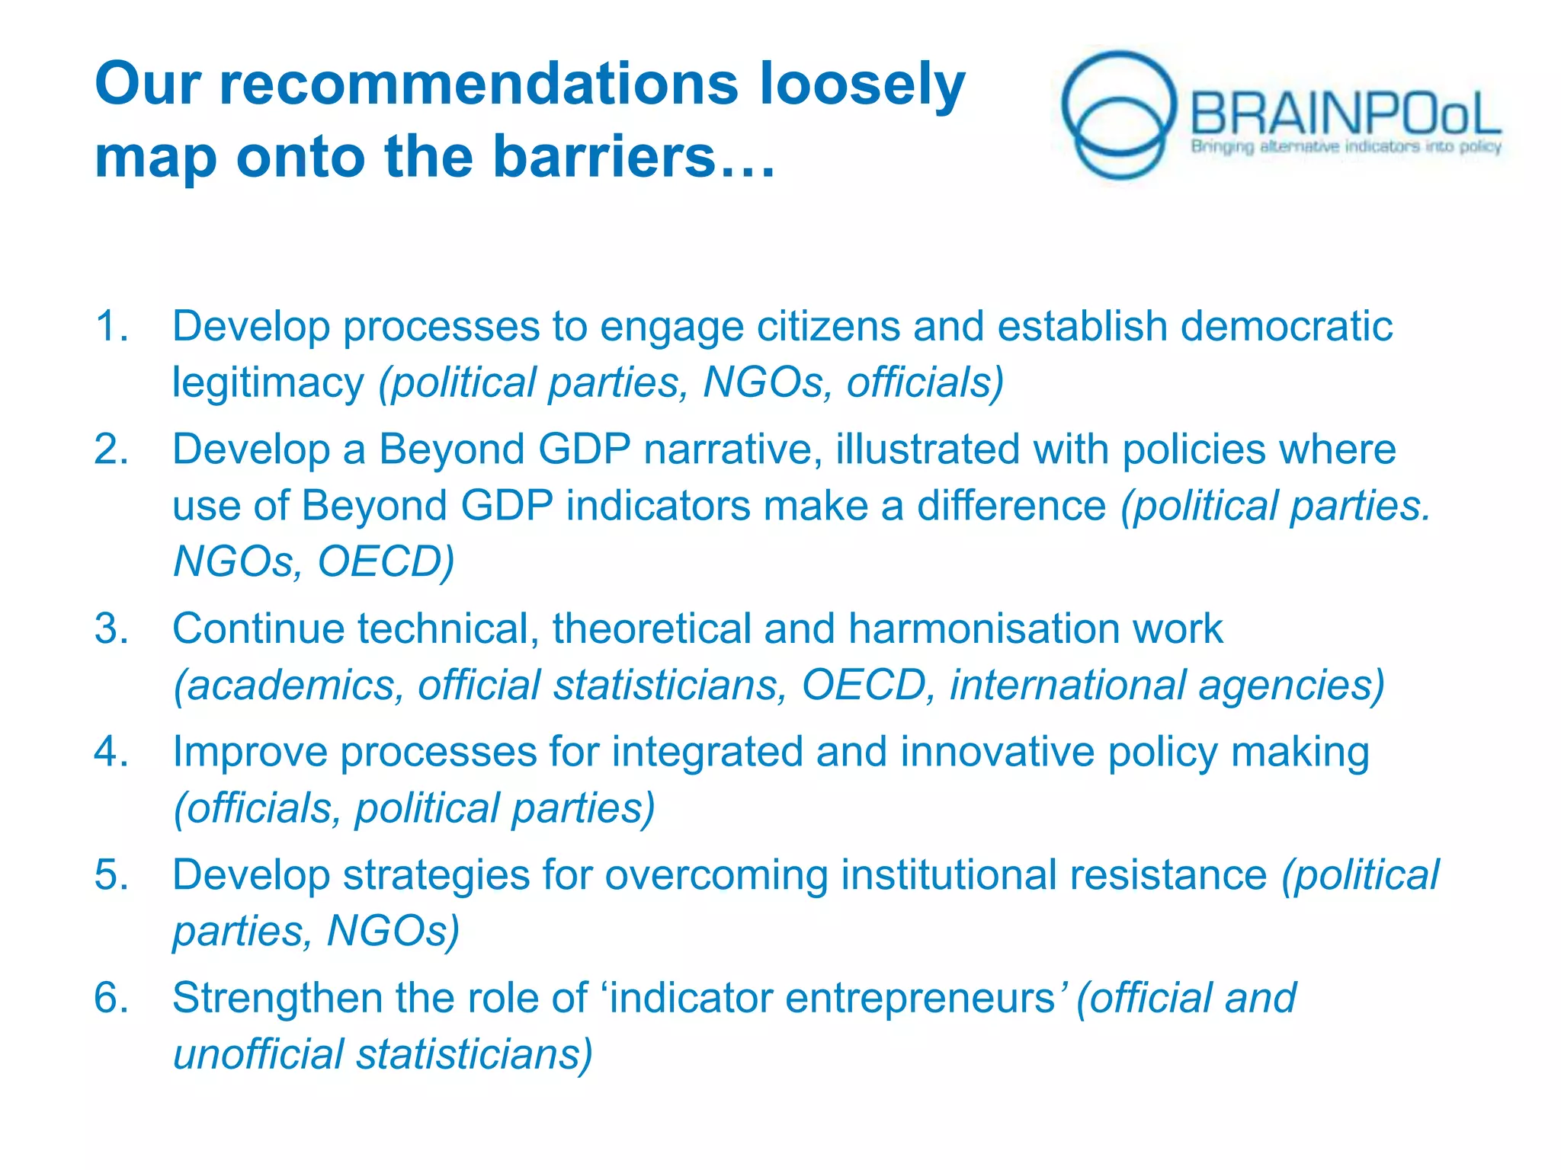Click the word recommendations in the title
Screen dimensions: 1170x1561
479,84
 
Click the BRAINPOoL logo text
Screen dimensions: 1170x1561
1345,114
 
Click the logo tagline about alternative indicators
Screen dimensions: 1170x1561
1346,146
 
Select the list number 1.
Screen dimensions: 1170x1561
111,326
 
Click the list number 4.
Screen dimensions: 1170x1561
111,752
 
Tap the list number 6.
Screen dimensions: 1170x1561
111,998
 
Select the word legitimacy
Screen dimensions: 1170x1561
268,382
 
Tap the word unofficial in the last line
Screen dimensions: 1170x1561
258,1054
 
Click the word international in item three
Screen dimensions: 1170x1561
1067,685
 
